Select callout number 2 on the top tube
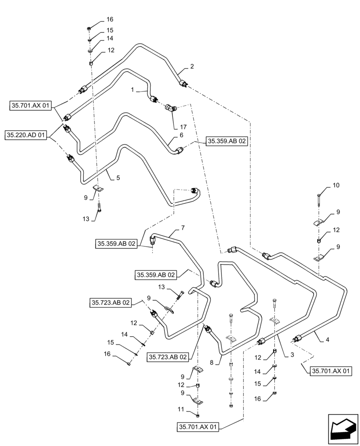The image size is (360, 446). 192,67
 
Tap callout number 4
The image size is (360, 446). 327,339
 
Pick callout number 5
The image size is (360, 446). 118,178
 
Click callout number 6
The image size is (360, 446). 181,134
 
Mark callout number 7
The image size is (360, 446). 182,228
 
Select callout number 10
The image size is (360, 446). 335,185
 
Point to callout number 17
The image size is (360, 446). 183,127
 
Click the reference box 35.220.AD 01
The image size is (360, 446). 26,134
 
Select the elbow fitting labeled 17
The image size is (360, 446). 171,107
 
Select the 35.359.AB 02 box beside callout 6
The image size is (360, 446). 227,141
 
